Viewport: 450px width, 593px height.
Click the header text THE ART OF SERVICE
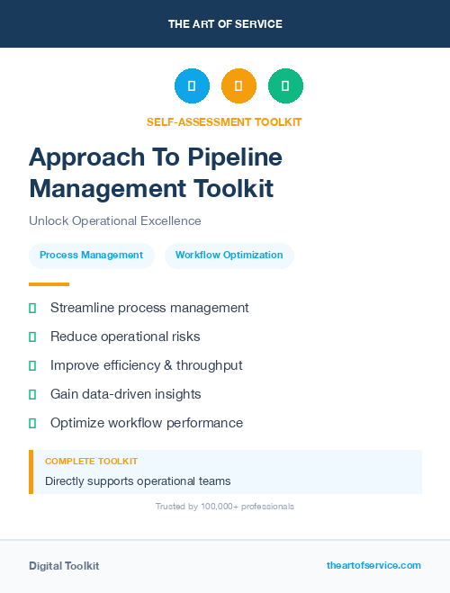(225, 24)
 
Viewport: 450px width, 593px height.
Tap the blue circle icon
(192, 86)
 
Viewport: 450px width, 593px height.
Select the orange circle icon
(238, 86)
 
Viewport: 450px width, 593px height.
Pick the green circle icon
(285, 86)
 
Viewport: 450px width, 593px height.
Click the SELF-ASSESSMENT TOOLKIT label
(224, 122)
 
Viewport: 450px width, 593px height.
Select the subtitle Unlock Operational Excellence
(115, 220)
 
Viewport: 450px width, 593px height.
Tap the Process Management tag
(91, 256)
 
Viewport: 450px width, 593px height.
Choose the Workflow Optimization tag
(229, 256)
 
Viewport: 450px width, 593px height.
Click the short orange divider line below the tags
(49, 284)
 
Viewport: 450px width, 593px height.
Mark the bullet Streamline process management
(149, 308)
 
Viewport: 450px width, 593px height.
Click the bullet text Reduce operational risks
(125, 337)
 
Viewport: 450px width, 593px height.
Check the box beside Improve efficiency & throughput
(32, 365)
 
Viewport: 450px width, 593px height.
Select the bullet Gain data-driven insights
(126, 394)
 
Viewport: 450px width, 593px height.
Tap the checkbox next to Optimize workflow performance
(32, 423)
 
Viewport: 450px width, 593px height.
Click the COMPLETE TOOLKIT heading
(91, 461)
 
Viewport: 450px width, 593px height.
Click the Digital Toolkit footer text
(64, 566)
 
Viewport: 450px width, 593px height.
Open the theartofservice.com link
(373, 565)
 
